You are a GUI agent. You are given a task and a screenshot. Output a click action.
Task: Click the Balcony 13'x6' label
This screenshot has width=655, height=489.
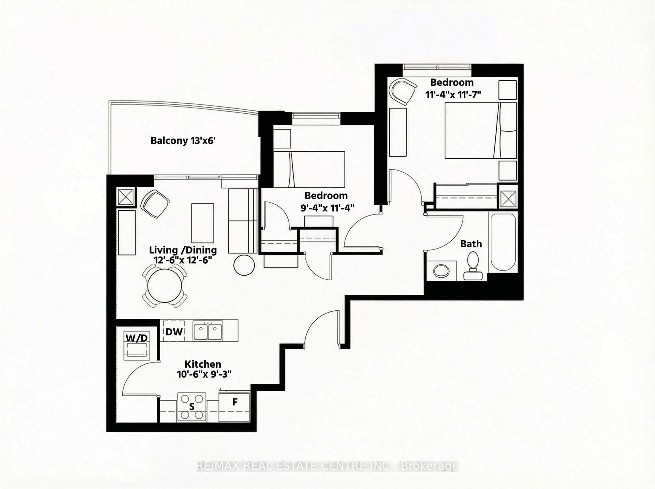tap(183, 140)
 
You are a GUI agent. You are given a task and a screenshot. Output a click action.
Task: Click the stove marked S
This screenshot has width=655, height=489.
tap(192, 407)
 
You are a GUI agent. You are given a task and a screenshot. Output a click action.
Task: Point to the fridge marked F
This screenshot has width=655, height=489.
tap(235, 406)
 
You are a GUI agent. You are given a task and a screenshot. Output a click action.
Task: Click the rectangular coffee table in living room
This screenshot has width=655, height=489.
tap(202, 223)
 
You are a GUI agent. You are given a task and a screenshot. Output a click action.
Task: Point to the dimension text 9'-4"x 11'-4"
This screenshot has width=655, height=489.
tap(327, 208)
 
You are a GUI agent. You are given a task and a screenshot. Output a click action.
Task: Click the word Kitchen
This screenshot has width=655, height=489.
tap(203, 364)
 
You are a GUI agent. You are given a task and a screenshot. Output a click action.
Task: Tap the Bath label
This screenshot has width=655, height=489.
tap(471, 244)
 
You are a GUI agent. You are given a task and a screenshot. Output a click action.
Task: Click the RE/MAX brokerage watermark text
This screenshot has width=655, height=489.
tap(327, 466)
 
